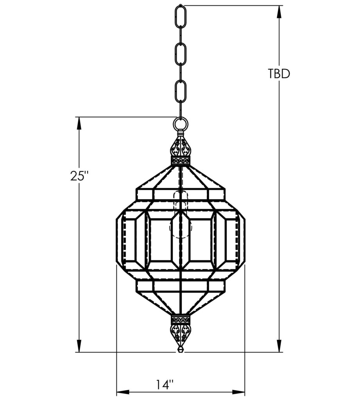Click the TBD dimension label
pos(279,74)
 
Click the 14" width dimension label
pos(163,385)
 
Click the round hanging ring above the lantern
pos(181,125)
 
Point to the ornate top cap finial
pos(181,148)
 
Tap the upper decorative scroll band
pos(181,160)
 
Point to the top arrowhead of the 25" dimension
pos(79,123)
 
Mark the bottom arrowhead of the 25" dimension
pos(79,346)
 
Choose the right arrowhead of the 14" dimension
pos(239,392)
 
